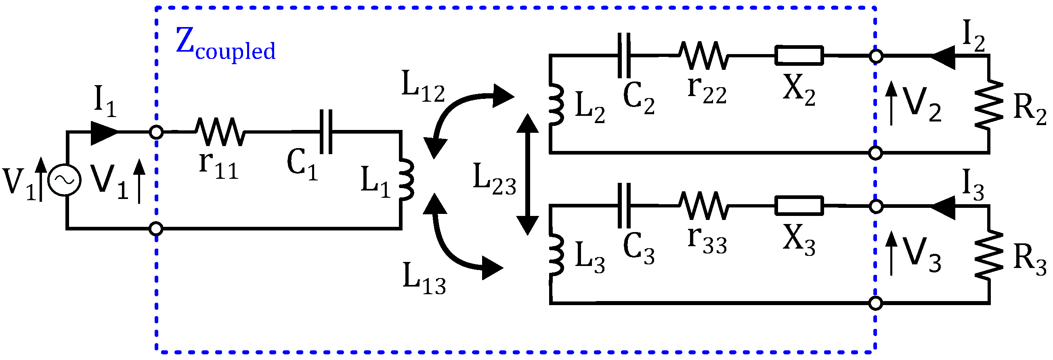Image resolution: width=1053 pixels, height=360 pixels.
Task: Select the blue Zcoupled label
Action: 225,45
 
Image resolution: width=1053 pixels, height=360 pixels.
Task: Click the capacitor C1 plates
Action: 326,132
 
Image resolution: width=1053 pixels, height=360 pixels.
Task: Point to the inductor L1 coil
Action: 406,180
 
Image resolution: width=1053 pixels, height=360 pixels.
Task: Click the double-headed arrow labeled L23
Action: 528,174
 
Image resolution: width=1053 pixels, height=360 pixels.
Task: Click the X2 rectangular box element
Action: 799,56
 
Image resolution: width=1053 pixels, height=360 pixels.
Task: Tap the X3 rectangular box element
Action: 799,206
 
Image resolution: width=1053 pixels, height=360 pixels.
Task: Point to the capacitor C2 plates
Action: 624,56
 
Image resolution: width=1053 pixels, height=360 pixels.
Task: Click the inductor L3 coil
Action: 557,255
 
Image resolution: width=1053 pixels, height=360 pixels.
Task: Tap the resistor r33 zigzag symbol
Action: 703,206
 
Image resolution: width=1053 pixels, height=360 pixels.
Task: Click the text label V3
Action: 922,255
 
